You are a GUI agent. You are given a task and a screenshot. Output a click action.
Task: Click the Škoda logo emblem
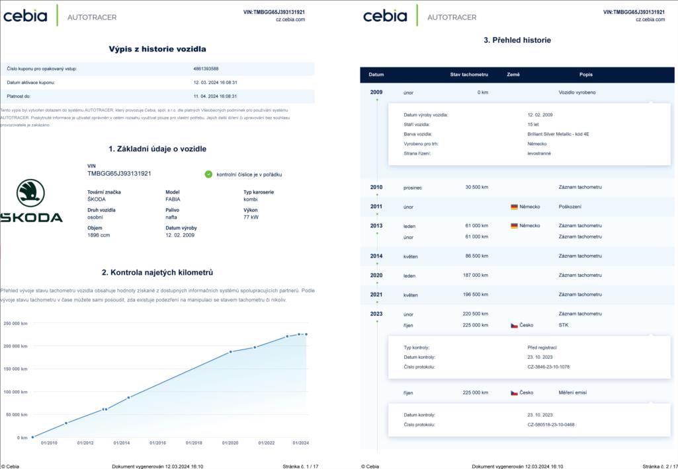(30, 193)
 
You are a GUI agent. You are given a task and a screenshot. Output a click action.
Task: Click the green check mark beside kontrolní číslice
(208, 174)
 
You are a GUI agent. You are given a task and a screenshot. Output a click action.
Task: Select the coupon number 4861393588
(206, 69)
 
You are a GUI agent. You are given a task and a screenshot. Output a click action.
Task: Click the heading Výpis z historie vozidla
(157, 49)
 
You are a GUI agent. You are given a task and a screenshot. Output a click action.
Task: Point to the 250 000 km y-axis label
(15, 323)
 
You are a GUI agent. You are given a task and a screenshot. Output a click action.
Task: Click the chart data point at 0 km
(32, 437)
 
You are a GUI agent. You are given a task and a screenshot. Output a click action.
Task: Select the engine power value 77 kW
(251, 217)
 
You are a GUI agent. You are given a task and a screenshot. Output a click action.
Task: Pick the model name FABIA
(173, 199)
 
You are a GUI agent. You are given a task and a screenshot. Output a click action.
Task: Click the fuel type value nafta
(171, 217)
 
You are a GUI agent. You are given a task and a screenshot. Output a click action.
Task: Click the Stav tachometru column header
(469, 75)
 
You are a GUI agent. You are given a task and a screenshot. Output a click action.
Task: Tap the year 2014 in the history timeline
(376, 256)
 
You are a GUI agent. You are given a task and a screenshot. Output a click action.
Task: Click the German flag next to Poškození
(514, 207)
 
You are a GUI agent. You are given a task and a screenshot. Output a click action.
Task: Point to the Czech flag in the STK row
(514, 325)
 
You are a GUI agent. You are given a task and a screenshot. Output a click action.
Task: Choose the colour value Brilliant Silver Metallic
(554, 133)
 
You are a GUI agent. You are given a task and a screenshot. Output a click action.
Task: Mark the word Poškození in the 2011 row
(570, 207)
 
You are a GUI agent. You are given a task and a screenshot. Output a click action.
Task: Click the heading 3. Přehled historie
(517, 40)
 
